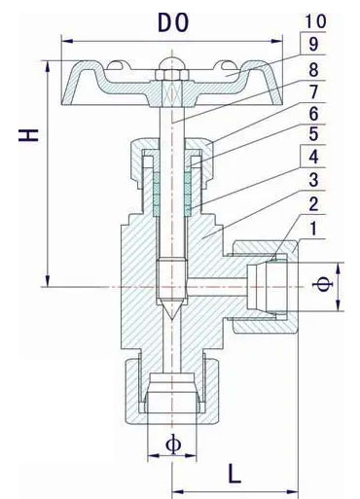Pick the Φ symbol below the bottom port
click(173, 445)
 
